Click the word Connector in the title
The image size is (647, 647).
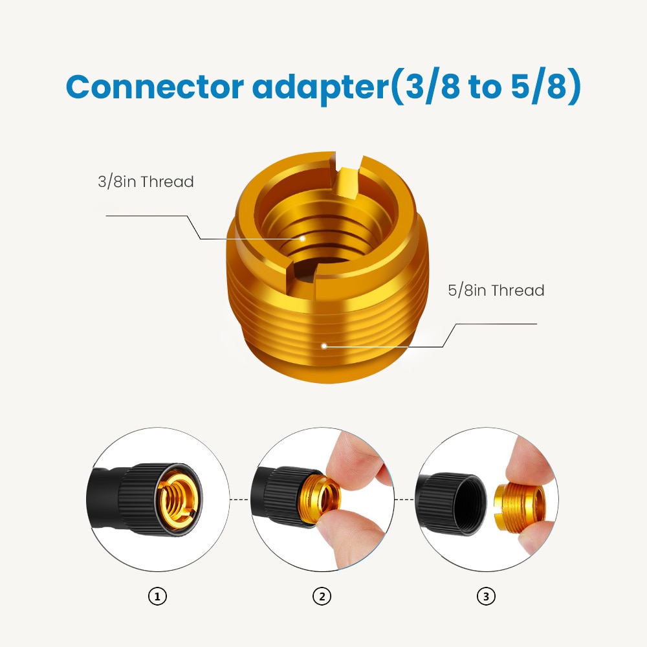coord(155,87)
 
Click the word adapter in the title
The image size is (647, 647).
coord(321,88)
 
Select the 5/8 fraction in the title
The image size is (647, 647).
coord(542,88)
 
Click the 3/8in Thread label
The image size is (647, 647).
coord(146,182)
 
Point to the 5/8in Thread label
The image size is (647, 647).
coord(496,291)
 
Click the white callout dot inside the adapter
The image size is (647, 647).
coord(303,239)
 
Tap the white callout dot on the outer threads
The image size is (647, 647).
coord(324,345)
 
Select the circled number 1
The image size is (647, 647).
coord(157,597)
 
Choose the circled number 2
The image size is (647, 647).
coord(322,597)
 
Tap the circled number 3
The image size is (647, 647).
coord(486,597)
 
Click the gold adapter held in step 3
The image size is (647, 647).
coord(520,507)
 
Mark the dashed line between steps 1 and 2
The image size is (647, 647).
coord(239,499)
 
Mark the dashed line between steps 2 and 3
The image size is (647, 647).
coord(404,499)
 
